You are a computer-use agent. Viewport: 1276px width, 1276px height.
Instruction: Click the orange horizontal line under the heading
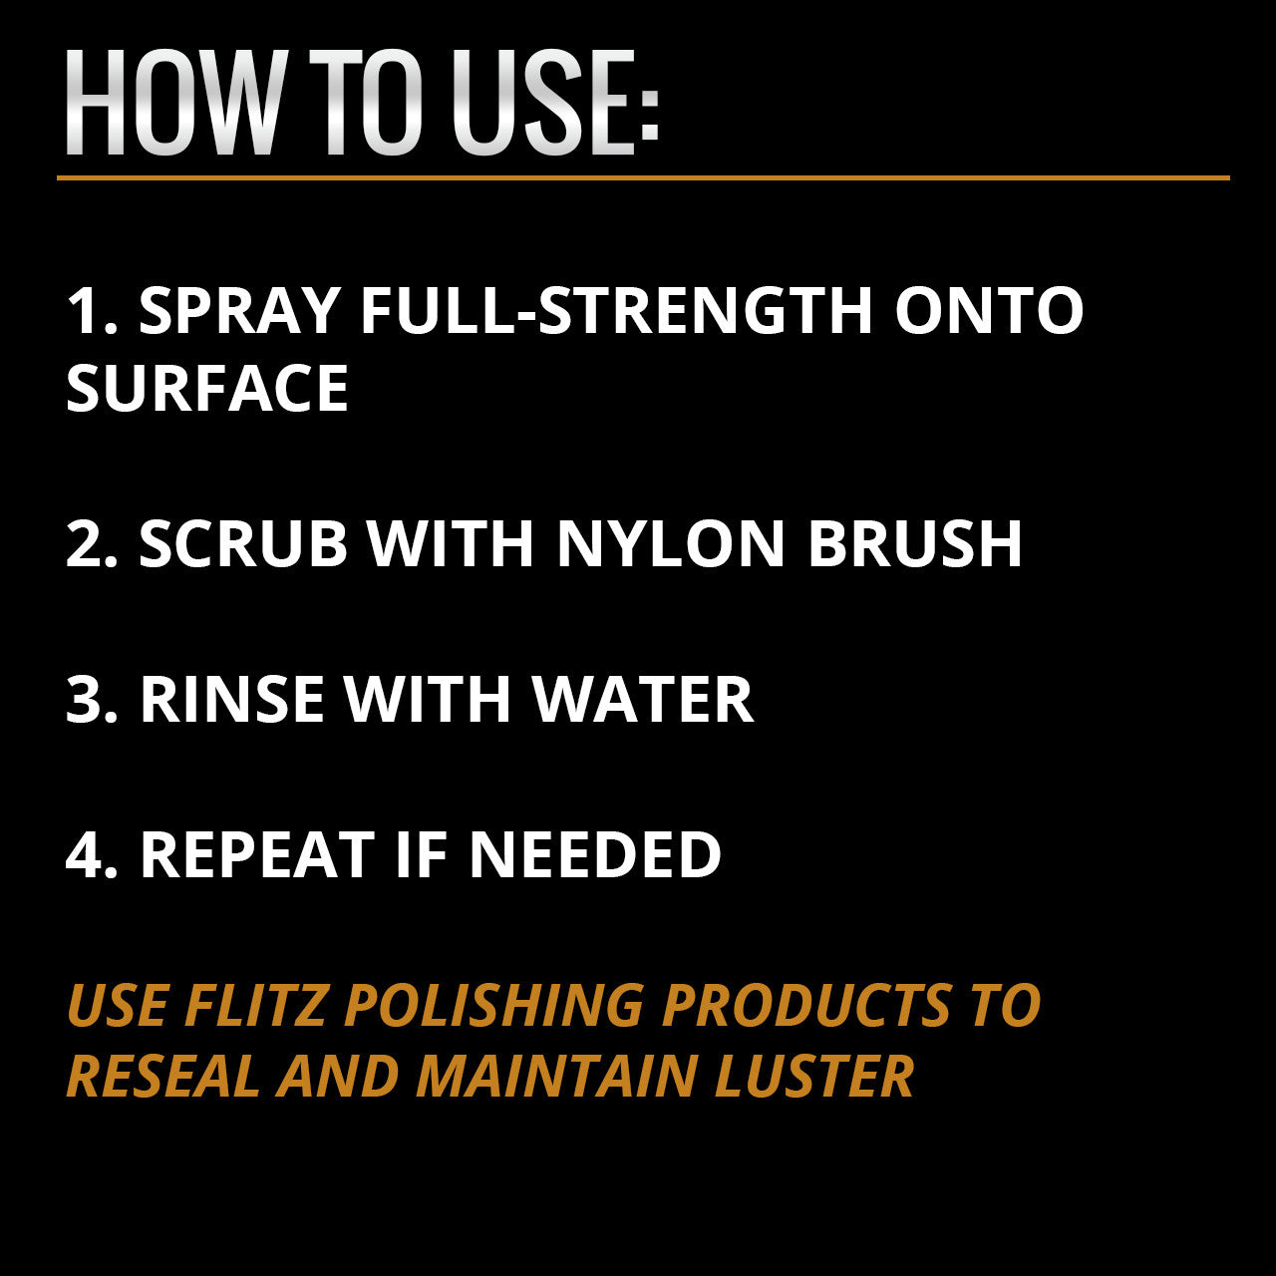pos(643,178)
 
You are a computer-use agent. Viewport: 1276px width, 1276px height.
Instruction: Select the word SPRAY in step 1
pos(239,310)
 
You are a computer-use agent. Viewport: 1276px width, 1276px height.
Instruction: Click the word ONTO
pos(989,310)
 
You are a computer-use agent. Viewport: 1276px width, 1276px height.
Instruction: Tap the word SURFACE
pos(207,388)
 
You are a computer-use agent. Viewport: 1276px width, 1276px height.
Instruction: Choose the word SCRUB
pos(243,543)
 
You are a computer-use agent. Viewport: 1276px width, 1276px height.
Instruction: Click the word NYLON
pos(671,543)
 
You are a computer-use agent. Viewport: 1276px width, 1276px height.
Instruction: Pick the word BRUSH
pos(915,543)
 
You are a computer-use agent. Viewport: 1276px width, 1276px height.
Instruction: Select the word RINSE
pos(231,699)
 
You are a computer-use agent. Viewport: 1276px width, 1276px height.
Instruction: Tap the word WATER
pos(644,699)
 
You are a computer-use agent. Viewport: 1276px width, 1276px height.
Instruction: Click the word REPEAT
pos(257,854)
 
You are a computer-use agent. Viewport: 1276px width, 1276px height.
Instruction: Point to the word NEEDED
pos(595,854)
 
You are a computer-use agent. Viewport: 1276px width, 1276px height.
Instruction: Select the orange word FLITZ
pos(255,1005)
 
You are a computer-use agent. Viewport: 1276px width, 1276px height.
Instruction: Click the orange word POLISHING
pos(494,1005)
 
